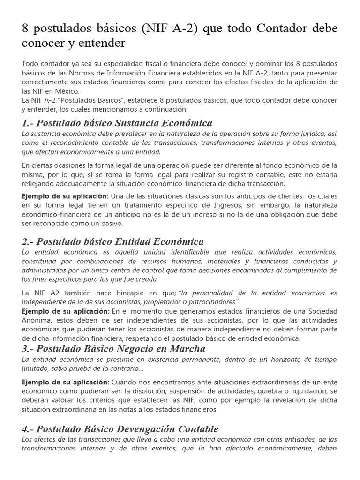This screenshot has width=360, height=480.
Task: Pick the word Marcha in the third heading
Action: click(x=187, y=349)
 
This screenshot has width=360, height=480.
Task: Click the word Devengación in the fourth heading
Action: click(x=140, y=429)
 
